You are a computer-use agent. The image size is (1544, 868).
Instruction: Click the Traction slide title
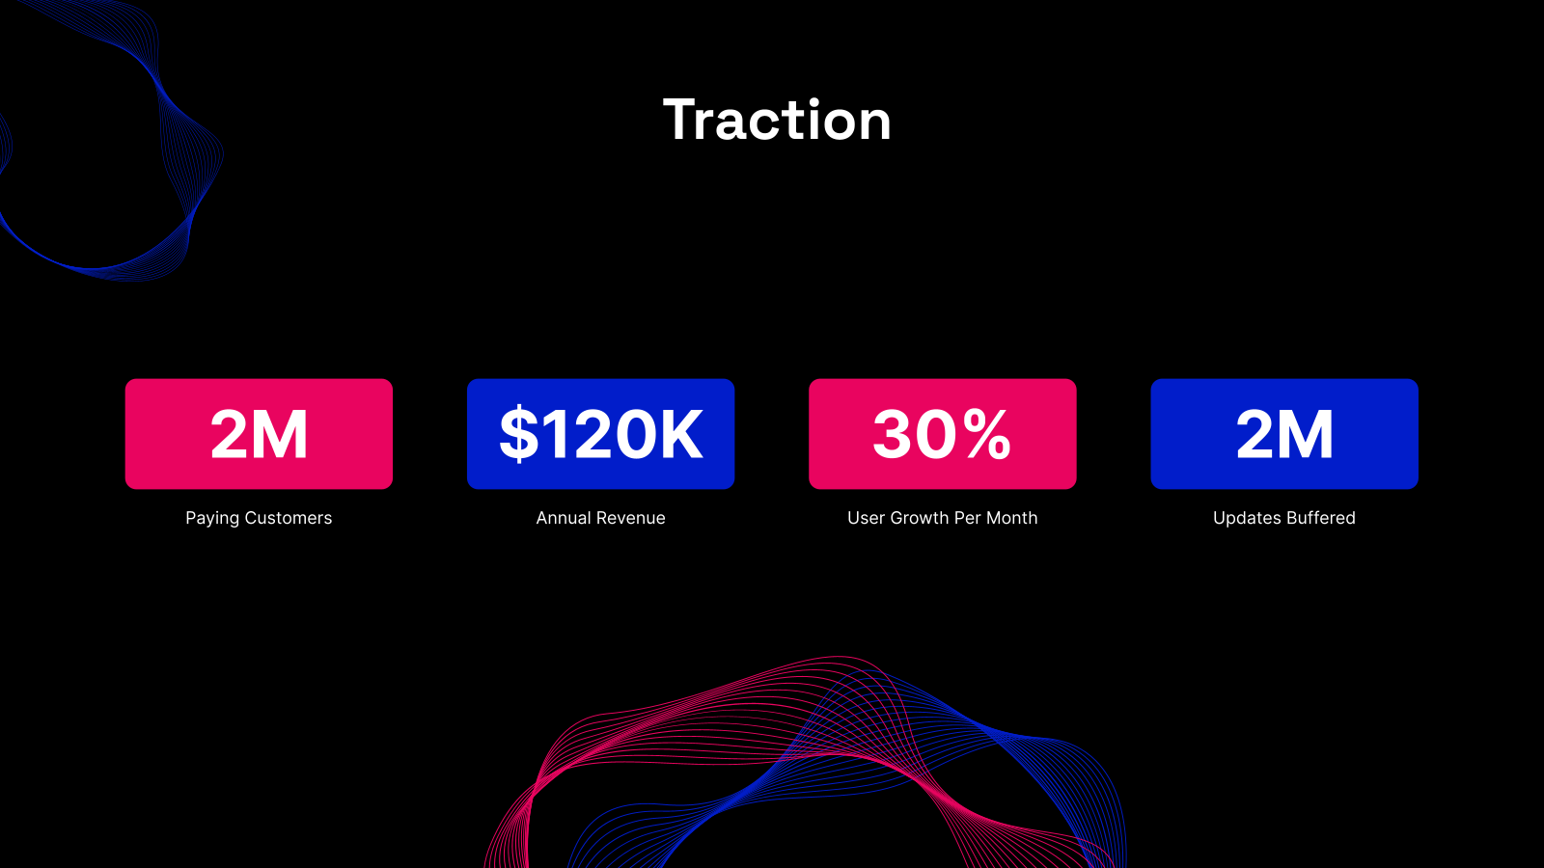(777, 121)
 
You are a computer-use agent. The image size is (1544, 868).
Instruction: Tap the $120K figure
(600, 434)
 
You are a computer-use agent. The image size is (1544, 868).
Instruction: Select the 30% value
(942, 434)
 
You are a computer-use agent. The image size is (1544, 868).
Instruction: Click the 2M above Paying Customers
(259, 434)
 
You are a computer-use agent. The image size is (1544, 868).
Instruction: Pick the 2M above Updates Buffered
(1284, 434)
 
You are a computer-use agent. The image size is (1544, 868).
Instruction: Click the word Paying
(212, 518)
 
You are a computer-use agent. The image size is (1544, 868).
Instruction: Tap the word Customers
(288, 518)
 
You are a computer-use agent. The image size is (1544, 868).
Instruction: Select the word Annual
(564, 518)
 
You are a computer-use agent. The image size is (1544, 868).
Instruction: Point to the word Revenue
(631, 518)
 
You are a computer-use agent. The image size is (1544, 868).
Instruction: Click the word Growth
(919, 518)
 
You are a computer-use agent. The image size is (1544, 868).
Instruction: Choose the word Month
(1011, 518)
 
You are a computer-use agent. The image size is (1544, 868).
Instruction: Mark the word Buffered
(1320, 518)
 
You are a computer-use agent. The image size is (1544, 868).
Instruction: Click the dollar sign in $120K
(519, 434)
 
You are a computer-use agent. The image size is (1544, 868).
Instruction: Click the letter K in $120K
(680, 434)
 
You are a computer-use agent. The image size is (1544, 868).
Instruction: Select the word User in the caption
(866, 518)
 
